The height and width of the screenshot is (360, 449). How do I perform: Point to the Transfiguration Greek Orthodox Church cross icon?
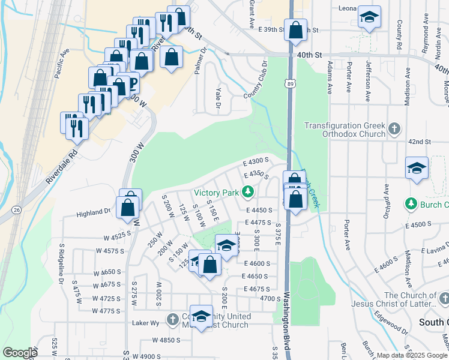pyautogui.click(x=394, y=128)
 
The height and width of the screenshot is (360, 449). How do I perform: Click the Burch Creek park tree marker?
pyautogui.click(x=411, y=204)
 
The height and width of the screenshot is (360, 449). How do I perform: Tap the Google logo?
pyautogui.click(x=20, y=353)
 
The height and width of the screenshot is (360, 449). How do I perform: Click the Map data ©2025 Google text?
pyautogui.click(x=411, y=355)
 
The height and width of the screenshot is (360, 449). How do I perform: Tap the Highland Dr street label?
pyautogui.click(x=94, y=213)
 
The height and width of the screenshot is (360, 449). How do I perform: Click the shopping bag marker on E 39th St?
pyautogui.click(x=295, y=29)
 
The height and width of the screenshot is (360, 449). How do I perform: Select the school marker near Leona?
pyautogui.click(x=369, y=17)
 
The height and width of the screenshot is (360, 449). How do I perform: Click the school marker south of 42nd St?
pyautogui.click(x=417, y=169)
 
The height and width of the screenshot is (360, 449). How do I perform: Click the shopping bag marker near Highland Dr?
pyautogui.click(x=128, y=208)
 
